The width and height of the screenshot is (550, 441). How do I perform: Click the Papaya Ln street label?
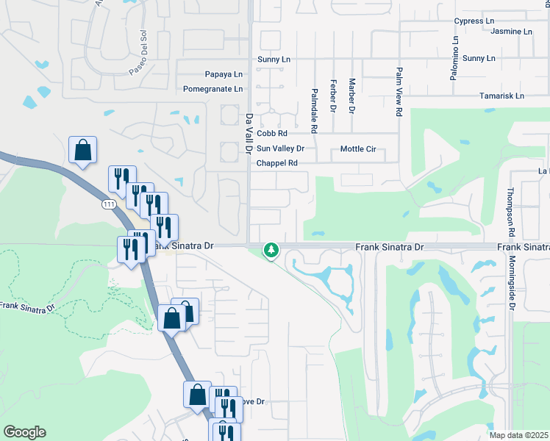224,74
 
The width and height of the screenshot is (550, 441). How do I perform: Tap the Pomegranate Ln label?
213,89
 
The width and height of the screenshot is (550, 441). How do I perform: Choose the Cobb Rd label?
271,133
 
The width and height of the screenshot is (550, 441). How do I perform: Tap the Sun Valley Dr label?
280,148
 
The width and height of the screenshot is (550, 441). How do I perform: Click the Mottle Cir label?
358,149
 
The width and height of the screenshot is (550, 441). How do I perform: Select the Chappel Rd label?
276,163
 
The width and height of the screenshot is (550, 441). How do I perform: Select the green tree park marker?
271,251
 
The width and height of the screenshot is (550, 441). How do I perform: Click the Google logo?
24,432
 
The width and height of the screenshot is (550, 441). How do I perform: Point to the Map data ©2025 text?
519,435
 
